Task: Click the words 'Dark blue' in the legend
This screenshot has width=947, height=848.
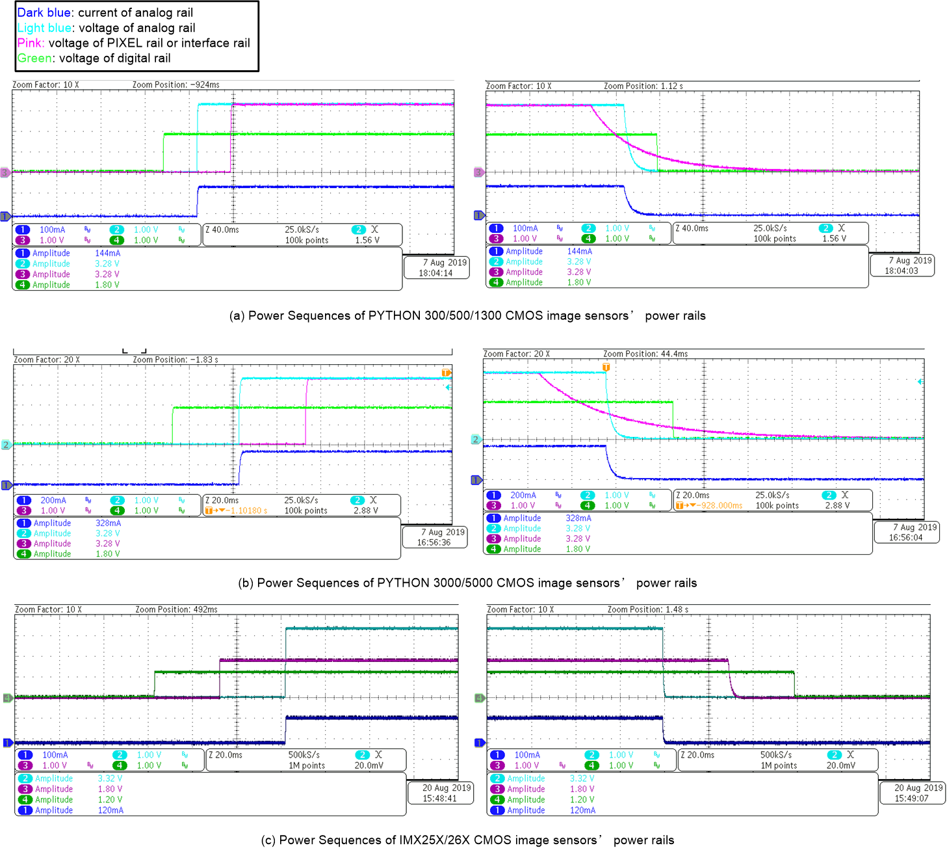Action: coord(45,12)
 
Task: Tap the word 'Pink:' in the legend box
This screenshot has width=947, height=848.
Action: coord(31,43)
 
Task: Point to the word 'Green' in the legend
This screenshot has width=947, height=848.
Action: coord(34,58)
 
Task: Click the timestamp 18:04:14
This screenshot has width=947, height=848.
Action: coord(435,273)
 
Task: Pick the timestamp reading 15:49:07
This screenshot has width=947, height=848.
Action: coord(911,799)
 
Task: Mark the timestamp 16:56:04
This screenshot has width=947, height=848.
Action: coord(906,538)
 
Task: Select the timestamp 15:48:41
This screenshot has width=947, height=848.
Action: coord(439,799)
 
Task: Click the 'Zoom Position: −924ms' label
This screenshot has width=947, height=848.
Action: coord(175,85)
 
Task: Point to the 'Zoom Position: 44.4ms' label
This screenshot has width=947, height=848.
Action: coord(645,354)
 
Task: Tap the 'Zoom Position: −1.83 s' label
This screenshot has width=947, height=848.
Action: coord(175,360)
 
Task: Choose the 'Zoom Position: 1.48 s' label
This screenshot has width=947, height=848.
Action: coord(647,609)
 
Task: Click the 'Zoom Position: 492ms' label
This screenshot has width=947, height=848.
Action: coord(176,609)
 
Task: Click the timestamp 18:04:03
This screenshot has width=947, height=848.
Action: coord(901,271)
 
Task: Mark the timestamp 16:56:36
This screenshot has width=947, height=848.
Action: coord(434,542)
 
